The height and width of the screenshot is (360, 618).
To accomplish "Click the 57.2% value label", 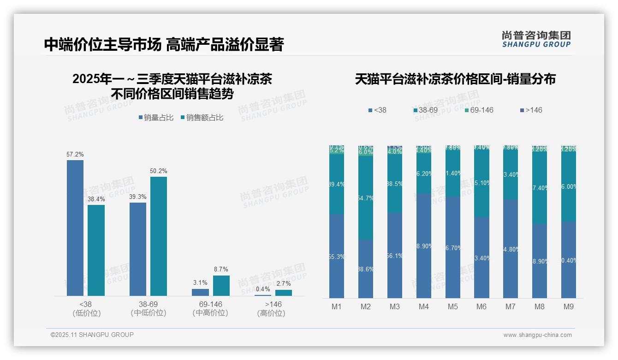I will [x=75, y=155].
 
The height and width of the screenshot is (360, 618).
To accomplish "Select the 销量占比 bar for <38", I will [x=75, y=228].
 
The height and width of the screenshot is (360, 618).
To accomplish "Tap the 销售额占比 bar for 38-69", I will [x=159, y=236].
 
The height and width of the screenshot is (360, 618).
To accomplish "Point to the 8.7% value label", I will [x=221, y=270].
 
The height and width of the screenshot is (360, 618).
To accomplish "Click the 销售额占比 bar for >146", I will [x=284, y=293].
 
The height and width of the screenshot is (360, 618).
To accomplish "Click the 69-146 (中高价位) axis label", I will [x=210, y=309].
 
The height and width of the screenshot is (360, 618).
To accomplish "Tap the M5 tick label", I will [x=452, y=307].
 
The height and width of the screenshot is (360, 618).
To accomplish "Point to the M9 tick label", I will [x=568, y=307].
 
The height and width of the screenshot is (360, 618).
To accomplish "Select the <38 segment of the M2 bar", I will [x=366, y=269].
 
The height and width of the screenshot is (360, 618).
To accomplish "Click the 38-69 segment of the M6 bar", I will [x=481, y=183].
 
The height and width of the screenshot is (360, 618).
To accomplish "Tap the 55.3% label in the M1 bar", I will [x=337, y=257].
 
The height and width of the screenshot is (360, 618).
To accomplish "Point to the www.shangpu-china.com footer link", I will [x=537, y=335].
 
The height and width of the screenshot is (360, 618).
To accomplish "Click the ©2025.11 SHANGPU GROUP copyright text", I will [x=92, y=335].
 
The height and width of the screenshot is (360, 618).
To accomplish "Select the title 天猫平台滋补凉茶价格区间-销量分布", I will [x=455, y=79].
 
